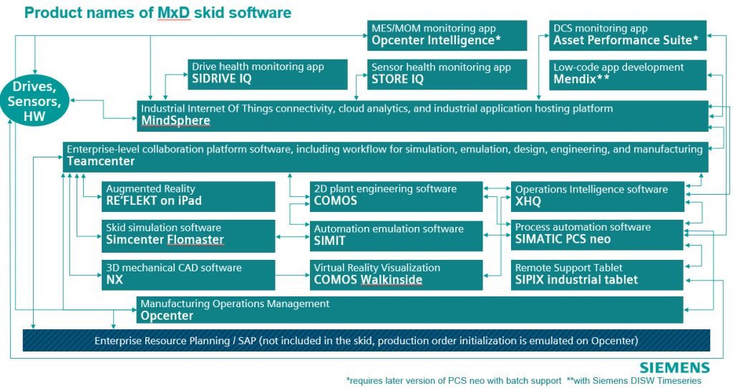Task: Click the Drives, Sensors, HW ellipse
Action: pos(34,102)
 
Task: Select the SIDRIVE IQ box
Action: pos(268,74)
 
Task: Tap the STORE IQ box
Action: pos(447,74)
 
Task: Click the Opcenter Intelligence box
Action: pos(447,35)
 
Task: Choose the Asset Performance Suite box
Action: pos(628,35)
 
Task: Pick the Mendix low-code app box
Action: pos(628,74)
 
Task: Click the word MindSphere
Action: pos(176,120)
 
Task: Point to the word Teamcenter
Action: pos(100,161)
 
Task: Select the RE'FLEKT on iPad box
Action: pos(188,196)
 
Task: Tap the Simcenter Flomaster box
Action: pos(188,236)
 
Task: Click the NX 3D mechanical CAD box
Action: pos(188,275)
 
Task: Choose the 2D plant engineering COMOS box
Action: pos(396,196)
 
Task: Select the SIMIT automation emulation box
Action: pos(396,236)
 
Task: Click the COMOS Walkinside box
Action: pos(396,275)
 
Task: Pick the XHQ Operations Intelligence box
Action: pos(598,196)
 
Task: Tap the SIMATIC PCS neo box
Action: pos(598,235)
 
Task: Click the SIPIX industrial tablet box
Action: pos(598,275)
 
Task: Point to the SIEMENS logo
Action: pos(674,367)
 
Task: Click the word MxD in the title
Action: pos(174,13)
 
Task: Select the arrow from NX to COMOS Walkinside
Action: pos(292,276)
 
